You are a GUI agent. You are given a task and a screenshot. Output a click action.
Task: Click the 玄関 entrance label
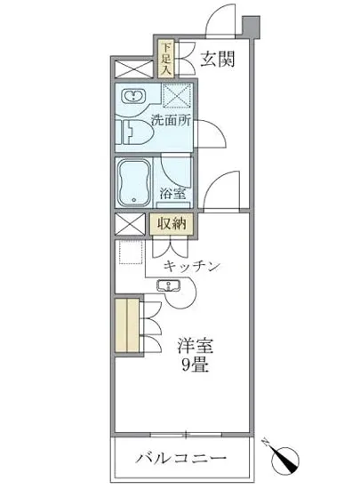click(x=216, y=60)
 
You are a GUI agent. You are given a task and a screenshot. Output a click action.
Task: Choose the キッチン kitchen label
click(x=191, y=265)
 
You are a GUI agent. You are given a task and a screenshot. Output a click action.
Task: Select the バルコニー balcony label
click(x=181, y=459)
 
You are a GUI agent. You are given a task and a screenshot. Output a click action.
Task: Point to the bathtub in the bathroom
click(x=135, y=184)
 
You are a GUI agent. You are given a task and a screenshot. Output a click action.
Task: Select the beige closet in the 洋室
click(x=128, y=328)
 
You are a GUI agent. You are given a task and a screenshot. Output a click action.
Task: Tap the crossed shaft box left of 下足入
click(x=132, y=68)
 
